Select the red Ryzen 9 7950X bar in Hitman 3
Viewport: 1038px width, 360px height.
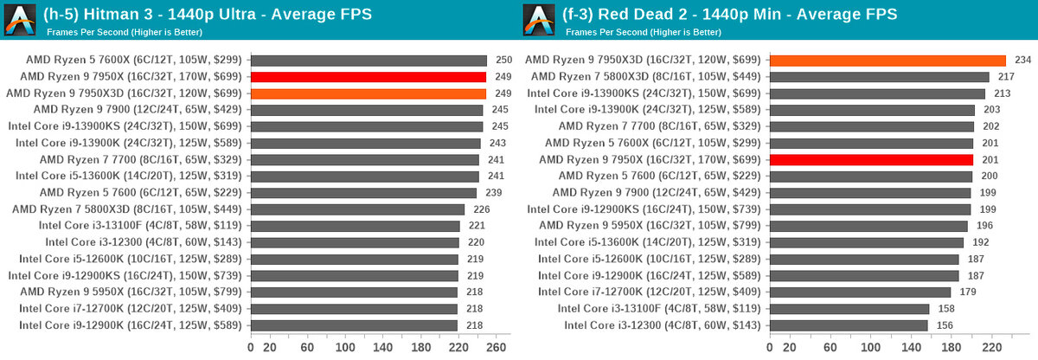click(x=368, y=77)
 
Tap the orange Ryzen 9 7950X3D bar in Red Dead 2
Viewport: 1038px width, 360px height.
click(x=887, y=61)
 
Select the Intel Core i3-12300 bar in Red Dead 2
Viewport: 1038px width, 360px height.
click(x=849, y=325)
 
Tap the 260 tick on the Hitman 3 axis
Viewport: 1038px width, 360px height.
click(x=495, y=347)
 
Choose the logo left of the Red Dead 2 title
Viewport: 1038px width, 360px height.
click(x=540, y=20)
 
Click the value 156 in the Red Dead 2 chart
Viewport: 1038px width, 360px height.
click(x=945, y=325)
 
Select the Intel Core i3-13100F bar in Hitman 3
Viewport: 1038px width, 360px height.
click(x=355, y=226)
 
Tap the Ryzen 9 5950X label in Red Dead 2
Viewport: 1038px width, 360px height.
click(x=649, y=226)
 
